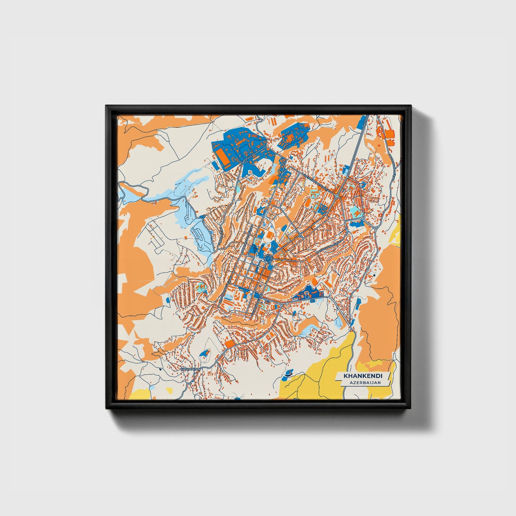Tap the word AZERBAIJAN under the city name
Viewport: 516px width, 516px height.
365,382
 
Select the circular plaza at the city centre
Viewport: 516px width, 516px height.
268,256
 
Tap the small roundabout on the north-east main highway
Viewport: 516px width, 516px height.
337,196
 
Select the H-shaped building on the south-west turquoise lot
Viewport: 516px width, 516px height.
202,286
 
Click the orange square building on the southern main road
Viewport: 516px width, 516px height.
230,344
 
